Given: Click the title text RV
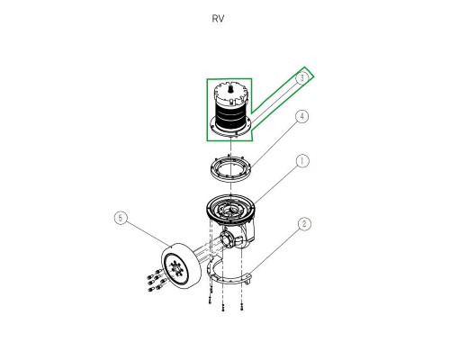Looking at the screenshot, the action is [x=218, y=19].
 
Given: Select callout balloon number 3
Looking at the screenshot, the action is [x=302, y=77].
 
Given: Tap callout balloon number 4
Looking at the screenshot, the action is [x=302, y=116].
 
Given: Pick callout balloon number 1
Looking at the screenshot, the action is [x=302, y=161].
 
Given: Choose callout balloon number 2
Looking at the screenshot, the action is [x=304, y=224].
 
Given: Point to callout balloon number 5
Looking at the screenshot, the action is [x=121, y=218].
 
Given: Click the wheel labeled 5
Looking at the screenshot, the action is [x=179, y=266].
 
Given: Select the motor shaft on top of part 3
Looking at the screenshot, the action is [x=231, y=89].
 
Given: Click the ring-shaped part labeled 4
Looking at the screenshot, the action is [x=230, y=170].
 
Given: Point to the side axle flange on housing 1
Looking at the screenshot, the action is [x=226, y=239].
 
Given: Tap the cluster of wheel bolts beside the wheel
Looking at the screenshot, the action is [x=157, y=282].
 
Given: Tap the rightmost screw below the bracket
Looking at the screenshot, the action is [x=242, y=307].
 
